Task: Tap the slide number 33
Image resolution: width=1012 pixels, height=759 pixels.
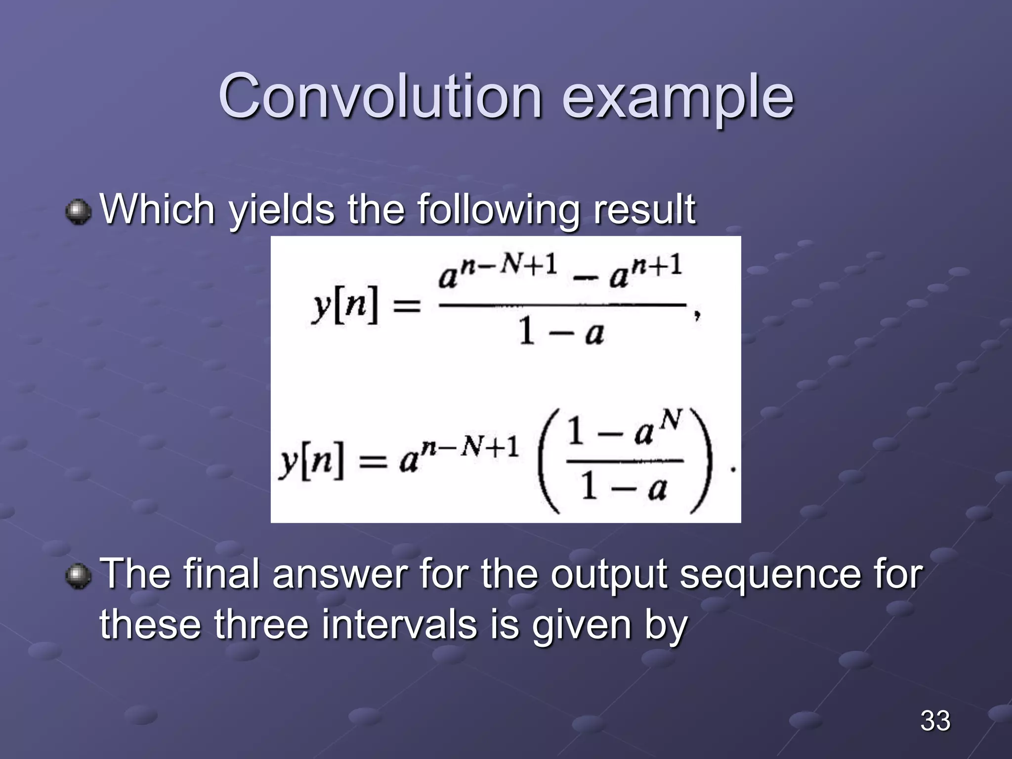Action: coord(935,720)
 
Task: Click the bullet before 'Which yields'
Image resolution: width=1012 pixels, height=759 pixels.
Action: coord(78,211)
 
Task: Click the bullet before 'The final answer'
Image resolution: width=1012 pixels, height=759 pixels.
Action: coord(78,576)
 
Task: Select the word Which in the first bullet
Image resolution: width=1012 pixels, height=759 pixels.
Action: coord(157,210)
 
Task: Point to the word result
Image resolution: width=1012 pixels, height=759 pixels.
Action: coord(644,210)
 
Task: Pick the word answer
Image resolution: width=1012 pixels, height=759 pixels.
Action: coord(340,574)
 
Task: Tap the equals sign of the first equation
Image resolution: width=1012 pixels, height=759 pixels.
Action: coord(406,306)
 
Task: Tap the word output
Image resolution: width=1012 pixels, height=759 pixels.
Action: coord(610,574)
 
